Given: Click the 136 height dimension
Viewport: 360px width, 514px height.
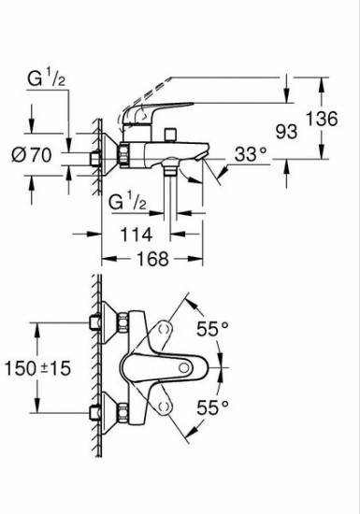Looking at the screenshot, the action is tap(322, 119).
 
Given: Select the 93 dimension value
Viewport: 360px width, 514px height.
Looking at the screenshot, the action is tap(286, 132).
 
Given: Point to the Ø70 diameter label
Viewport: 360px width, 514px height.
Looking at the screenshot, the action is tap(32, 155).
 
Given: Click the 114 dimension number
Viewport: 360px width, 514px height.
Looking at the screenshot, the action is tap(137, 235).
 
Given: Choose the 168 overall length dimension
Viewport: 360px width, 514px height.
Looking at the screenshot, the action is tap(152, 259).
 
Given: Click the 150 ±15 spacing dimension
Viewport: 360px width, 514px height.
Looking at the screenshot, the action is tap(37, 368).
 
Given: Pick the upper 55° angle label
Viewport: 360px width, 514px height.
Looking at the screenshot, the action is tap(212, 329).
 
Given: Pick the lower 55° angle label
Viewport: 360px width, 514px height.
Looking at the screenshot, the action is tap(212, 407).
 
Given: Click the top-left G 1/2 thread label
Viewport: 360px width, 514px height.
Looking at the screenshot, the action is tap(46, 79).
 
